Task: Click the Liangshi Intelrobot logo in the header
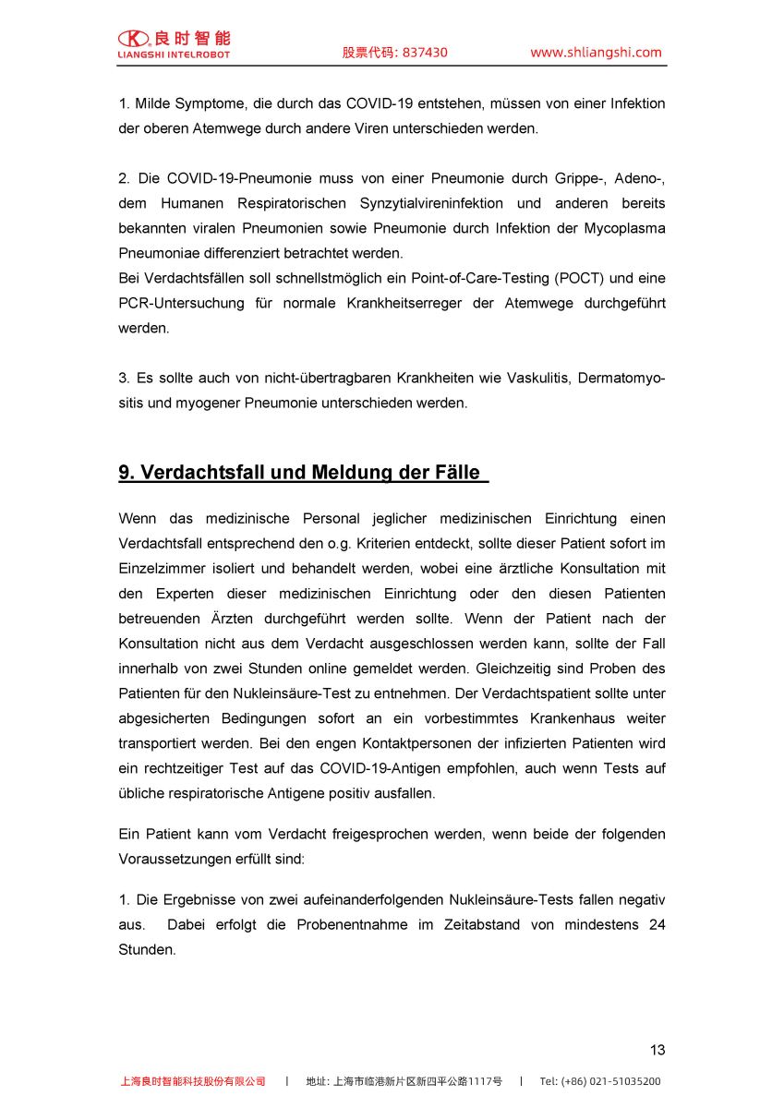point(174,43)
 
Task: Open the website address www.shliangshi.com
point(596,53)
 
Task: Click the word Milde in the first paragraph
point(153,103)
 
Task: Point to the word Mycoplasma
point(621,228)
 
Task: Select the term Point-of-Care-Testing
point(485,278)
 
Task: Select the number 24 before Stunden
point(657,924)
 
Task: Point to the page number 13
point(657,1050)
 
